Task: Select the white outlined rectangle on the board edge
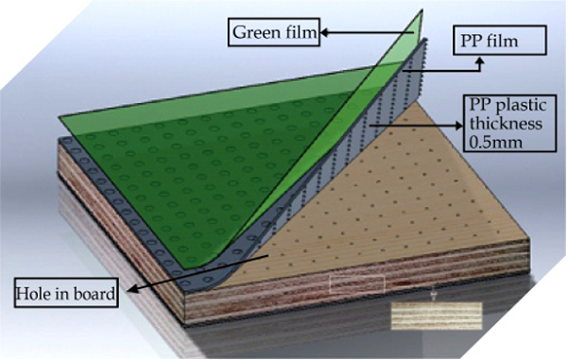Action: (357, 283)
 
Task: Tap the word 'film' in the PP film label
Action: (525, 40)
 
